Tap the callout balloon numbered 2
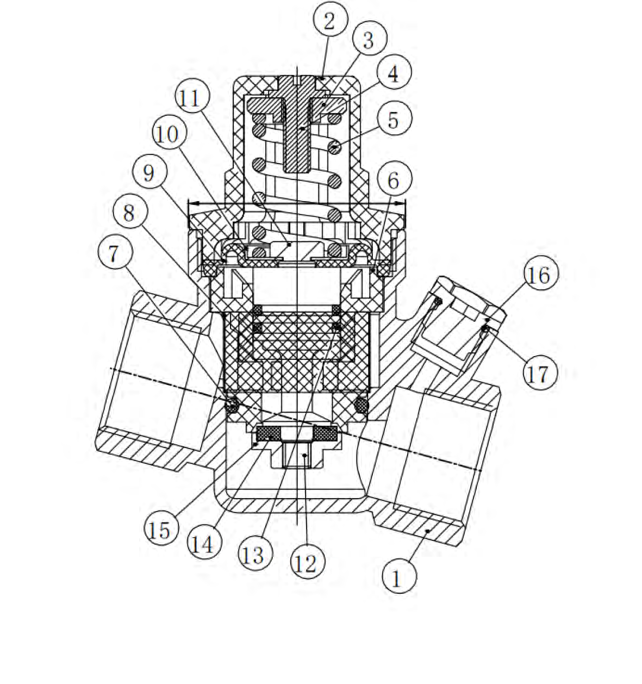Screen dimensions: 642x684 [331, 19]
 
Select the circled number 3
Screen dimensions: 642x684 [370, 39]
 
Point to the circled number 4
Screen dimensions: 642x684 [394, 72]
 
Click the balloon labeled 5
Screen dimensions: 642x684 [394, 118]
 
